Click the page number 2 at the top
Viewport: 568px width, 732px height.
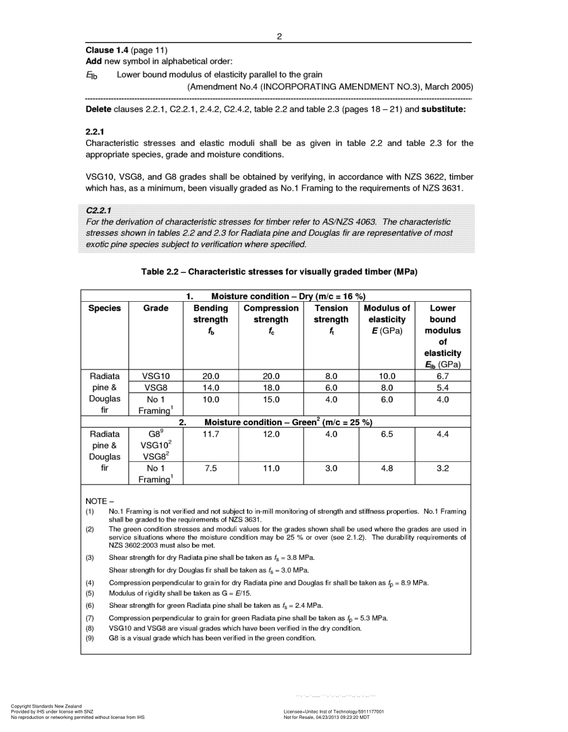point(279,36)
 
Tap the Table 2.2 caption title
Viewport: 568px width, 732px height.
point(279,272)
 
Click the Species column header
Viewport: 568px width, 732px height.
point(105,308)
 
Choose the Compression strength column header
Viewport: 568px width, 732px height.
point(271,314)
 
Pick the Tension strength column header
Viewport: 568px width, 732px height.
point(331,314)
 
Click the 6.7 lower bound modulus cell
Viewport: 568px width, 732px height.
point(442,376)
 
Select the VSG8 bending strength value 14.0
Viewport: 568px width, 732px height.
point(210,388)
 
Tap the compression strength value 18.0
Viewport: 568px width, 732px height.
point(271,388)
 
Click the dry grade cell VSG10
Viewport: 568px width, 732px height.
point(155,376)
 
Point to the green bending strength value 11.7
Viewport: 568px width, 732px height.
point(210,434)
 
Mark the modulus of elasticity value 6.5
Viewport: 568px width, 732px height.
point(387,434)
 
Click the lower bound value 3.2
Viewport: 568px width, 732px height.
point(442,468)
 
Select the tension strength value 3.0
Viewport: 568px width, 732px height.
point(331,468)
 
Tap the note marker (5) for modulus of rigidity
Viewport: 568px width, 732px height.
point(90,593)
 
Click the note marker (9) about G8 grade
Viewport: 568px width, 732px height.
point(90,638)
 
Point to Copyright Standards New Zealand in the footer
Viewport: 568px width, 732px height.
point(47,706)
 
